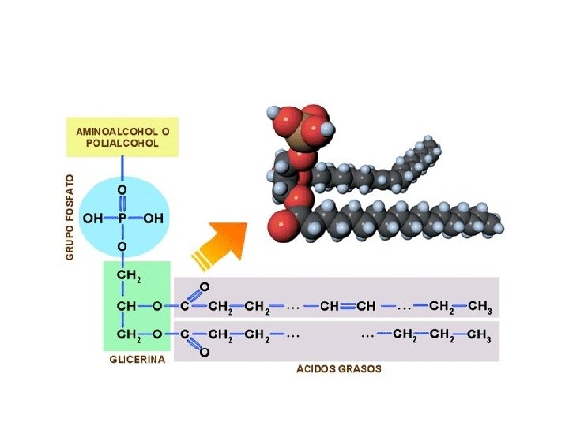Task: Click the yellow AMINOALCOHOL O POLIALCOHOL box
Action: pos(123,137)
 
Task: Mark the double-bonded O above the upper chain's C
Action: pos(205,286)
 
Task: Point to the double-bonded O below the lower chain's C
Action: pos(205,353)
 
